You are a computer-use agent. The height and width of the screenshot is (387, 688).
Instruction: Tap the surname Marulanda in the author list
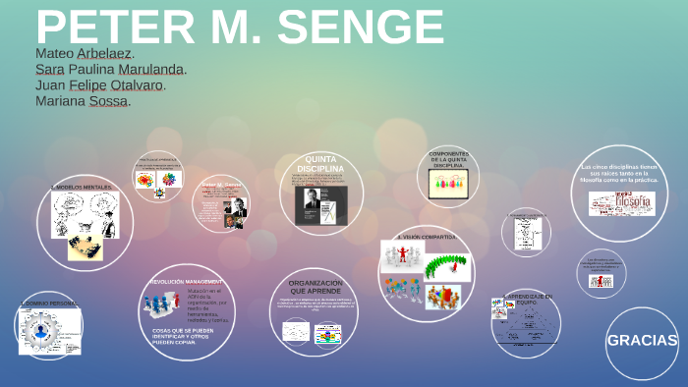click(x=151, y=69)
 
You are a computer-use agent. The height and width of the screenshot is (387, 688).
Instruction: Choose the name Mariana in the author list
click(x=60, y=100)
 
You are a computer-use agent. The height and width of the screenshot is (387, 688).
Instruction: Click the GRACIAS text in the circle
click(x=642, y=341)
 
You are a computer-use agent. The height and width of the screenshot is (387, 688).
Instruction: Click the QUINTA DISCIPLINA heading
click(x=320, y=163)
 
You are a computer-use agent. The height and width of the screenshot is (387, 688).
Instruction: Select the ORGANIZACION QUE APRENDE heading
click(x=315, y=287)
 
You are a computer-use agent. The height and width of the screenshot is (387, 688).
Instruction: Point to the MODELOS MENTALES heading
click(x=83, y=187)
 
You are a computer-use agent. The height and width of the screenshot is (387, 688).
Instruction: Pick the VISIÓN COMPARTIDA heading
click(x=426, y=237)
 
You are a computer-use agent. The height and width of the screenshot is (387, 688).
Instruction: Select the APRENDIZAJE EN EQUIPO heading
click(x=527, y=299)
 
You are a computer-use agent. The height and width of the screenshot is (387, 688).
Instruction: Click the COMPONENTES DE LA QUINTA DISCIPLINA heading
click(x=447, y=159)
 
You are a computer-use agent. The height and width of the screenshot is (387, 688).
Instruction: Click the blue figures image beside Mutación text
click(x=161, y=304)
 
